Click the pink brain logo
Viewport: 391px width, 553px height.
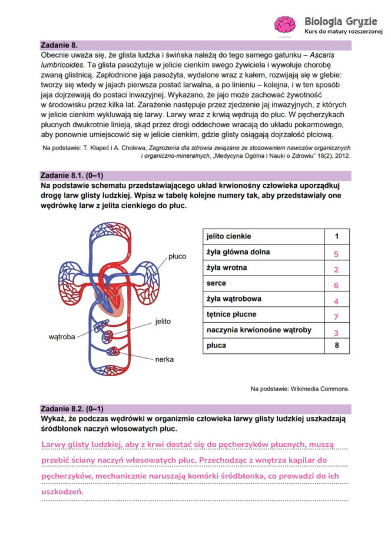click(285, 24)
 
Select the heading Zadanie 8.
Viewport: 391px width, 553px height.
click(59, 45)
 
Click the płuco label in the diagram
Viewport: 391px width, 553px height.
click(177, 257)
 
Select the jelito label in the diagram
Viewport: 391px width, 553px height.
click(163, 322)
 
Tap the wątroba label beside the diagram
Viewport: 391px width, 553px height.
click(62, 337)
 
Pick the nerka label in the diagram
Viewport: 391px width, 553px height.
click(164, 359)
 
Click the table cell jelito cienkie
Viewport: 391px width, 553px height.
click(228, 237)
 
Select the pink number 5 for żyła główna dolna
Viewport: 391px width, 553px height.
click(336, 254)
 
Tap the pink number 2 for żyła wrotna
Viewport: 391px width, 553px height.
click(336, 270)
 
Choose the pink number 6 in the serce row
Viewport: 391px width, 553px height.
click(336, 285)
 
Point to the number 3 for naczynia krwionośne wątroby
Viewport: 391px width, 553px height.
click(336, 332)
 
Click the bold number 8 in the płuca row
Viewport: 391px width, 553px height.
click(336, 346)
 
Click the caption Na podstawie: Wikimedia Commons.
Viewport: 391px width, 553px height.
click(300, 389)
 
